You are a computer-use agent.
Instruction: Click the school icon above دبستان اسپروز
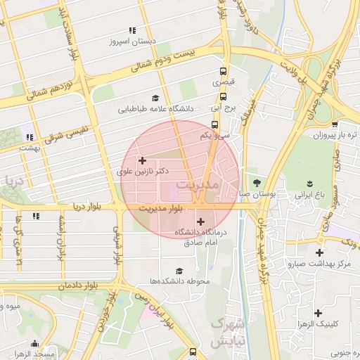coord(132,30)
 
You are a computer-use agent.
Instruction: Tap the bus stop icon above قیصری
coord(224,72)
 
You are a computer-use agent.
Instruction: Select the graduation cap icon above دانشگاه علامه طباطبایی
coord(155,98)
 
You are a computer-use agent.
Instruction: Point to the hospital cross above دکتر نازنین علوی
coord(143,160)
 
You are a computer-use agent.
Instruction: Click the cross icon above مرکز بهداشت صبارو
coord(319,252)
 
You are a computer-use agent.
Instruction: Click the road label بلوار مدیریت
coord(161,208)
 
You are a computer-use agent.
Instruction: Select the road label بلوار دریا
coord(89,207)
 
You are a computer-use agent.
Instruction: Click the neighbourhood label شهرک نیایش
coord(226,333)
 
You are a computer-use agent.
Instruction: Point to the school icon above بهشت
coord(29,138)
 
